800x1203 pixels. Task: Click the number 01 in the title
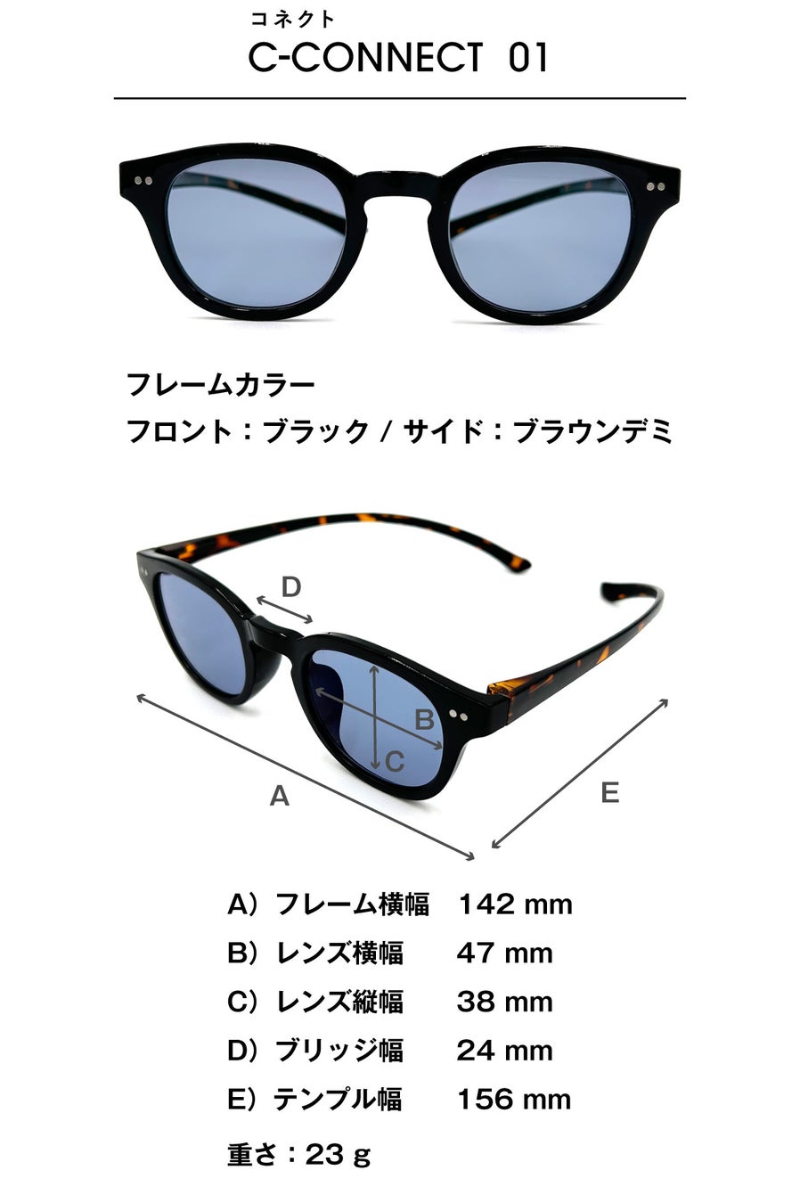[528, 58]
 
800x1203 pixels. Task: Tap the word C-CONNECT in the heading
[365, 58]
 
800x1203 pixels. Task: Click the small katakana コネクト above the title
[293, 19]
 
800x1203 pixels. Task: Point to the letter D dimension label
[291, 587]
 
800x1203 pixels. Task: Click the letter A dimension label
[280, 796]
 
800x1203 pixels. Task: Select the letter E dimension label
[609, 792]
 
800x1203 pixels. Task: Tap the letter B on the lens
[424, 719]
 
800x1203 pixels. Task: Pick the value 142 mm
[515, 904]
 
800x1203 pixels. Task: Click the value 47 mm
[504, 953]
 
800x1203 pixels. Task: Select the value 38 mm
[504, 1002]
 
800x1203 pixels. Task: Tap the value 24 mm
[504, 1051]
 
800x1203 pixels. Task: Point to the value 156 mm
[514, 1099]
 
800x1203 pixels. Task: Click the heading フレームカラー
[221, 385]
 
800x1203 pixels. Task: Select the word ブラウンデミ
[592, 431]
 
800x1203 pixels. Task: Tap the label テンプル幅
[338, 1099]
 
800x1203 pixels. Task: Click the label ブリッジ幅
[339, 1051]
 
